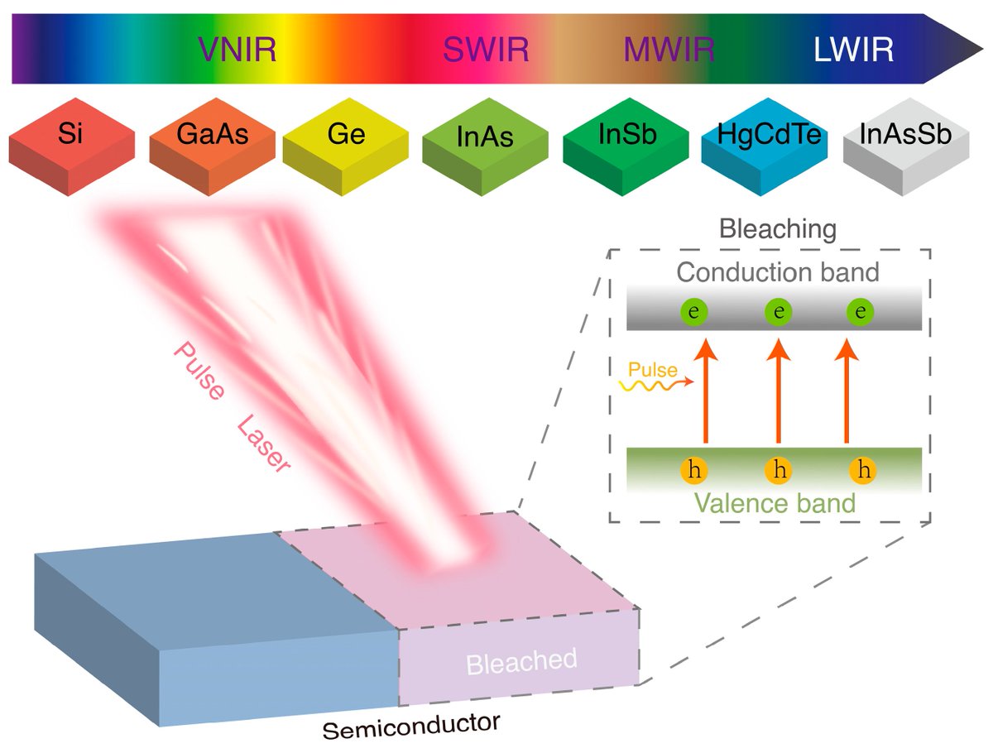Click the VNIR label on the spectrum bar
click(236, 51)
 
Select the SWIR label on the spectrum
click(485, 51)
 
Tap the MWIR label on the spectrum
click(669, 51)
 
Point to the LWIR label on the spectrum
click(853, 51)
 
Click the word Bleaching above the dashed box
click(778, 229)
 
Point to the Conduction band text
click(777, 271)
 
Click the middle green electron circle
click(778, 312)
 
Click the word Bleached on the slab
click(520, 661)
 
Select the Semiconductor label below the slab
click(411, 727)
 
